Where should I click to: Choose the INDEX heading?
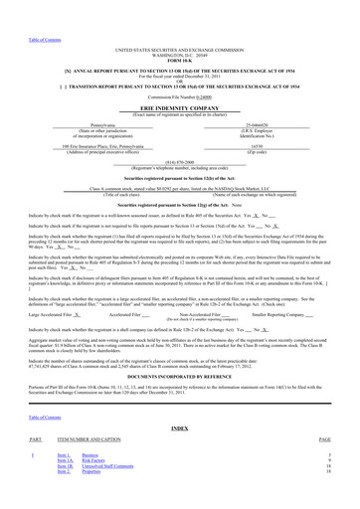point(179,428)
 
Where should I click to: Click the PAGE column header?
point(324,439)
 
